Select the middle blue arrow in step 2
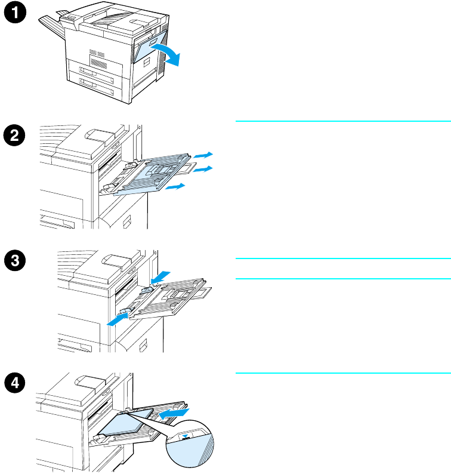pyautogui.click(x=205, y=170)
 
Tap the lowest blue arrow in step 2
pyautogui.click(x=176, y=187)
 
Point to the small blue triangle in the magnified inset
pyautogui.click(x=190, y=436)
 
